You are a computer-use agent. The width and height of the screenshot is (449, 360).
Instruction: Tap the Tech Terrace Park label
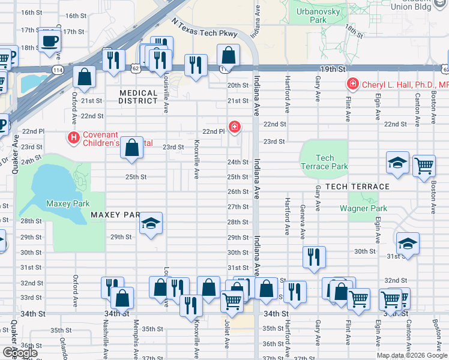(x=324, y=162)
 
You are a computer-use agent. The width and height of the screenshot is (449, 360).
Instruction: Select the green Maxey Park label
(x=67, y=204)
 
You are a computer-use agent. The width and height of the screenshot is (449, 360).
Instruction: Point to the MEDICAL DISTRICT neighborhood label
(x=138, y=97)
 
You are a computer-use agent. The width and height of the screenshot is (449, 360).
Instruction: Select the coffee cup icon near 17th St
(x=49, y=41)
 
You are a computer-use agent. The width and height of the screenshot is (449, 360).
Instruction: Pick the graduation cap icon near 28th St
(x=151, y=224)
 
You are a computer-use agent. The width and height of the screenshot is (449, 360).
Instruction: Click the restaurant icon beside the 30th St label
(x=314, y=257)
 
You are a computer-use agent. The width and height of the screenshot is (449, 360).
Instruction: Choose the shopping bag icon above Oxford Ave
(x=85, y=76)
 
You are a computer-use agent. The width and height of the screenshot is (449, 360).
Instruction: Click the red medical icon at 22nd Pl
(x=234, y=127)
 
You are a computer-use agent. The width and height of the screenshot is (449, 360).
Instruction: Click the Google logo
(x=19, y=353)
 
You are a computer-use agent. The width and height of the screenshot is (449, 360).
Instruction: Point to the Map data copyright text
(x=411, y=355)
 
